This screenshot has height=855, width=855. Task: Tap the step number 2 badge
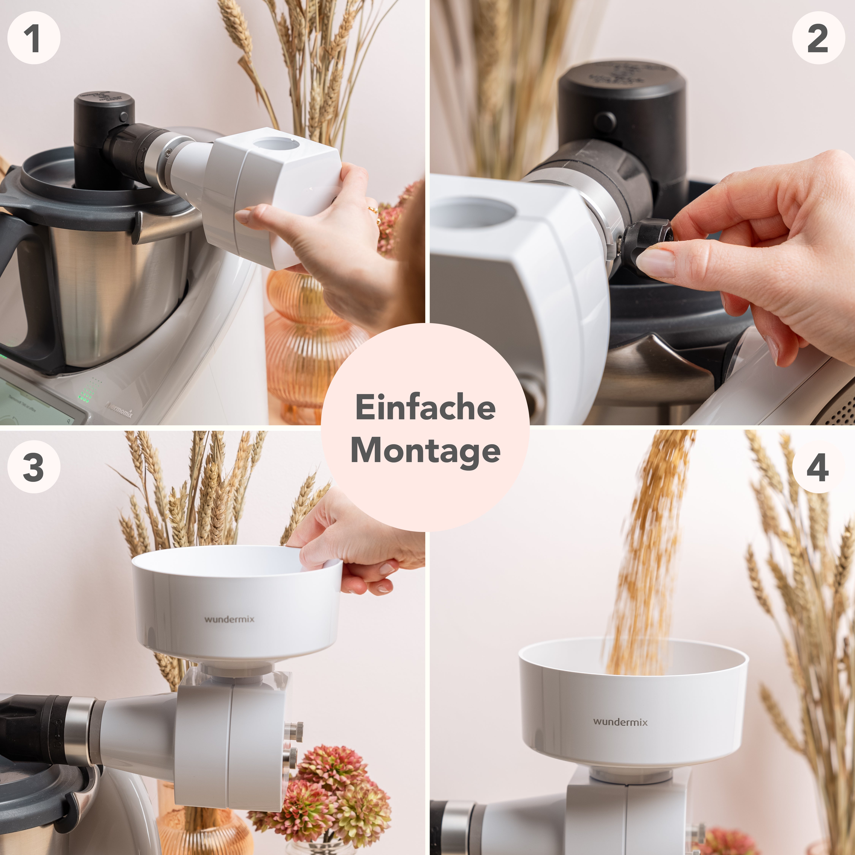click(818, 38)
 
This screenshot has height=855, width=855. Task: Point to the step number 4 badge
click(818, 467)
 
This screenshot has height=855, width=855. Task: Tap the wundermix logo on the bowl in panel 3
click(229, 619)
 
